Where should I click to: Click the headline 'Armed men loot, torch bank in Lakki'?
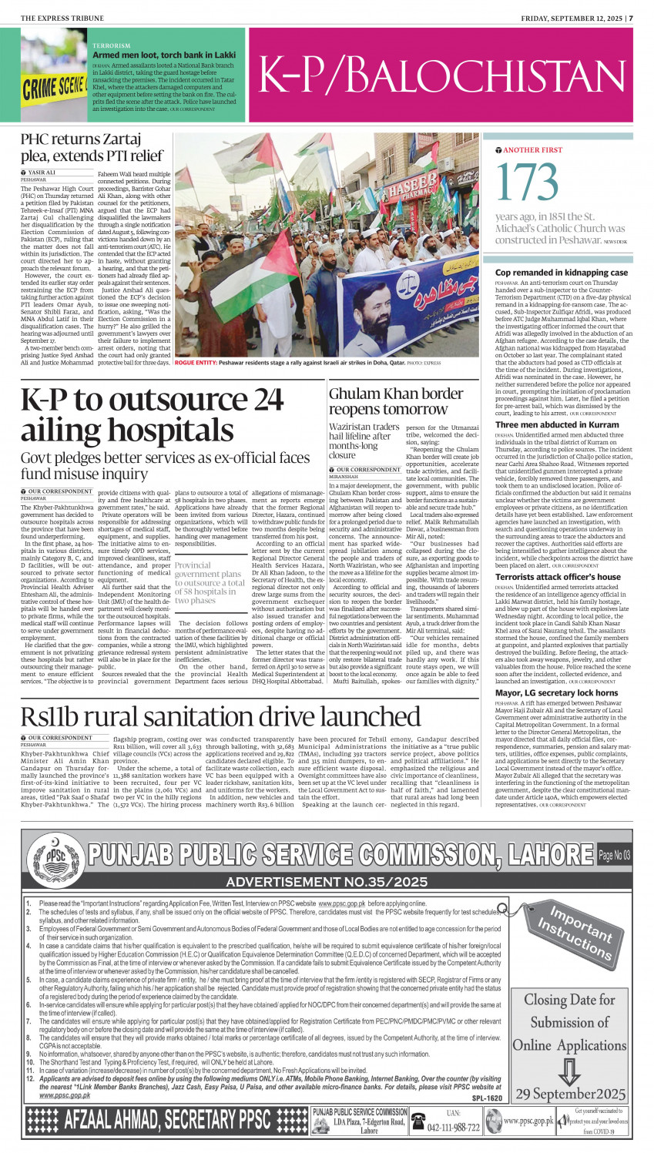click(164, 55)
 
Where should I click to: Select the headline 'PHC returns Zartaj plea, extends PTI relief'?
click(92, 148)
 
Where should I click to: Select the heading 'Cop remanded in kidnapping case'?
click(561, 273)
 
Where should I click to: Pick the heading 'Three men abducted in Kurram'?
click(557, 424)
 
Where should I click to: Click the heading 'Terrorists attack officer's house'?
click(558, 577)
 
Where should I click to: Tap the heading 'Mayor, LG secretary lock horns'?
click(556, 693)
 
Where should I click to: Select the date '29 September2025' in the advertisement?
click(570, 1094)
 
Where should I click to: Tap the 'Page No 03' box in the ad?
click(614, 855)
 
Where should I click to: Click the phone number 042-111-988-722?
click(453, 1128)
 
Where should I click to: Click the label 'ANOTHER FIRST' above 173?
click(533, 150)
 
